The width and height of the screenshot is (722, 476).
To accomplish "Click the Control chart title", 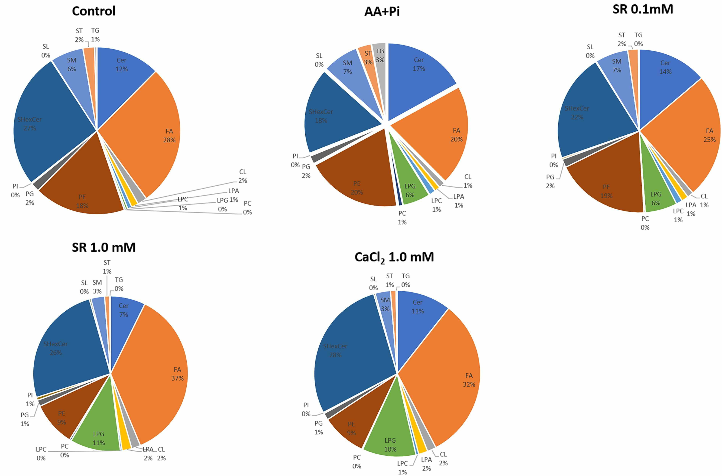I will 94,11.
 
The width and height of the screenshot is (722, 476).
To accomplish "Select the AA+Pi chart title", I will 382,11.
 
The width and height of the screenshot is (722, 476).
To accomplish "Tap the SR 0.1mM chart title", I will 643,9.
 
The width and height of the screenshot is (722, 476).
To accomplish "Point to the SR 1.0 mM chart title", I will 104,247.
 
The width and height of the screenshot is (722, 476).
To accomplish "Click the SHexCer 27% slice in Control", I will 45,121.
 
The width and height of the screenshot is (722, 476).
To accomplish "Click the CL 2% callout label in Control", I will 243,176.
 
